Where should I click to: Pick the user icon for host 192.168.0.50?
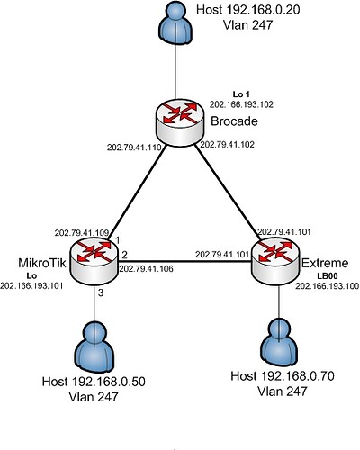[x=94, y=342]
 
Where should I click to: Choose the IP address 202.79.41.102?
[x=229, y=143]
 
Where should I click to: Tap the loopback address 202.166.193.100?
[x=326, y=286]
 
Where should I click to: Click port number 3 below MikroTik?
[x=102, y=293]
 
